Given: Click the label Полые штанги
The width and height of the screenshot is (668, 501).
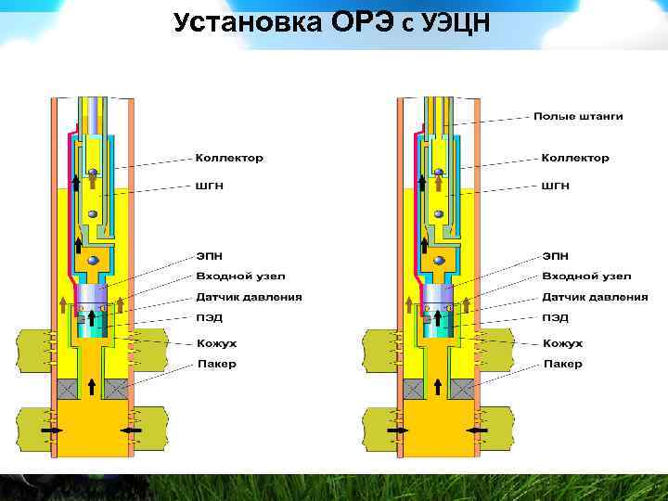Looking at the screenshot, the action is pos(577,116).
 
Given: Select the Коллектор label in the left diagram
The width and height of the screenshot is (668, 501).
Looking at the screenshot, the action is pos(229,158).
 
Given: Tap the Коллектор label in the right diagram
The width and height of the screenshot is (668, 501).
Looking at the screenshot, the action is pos(575,158).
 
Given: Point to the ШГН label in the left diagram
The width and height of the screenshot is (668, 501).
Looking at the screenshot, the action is pos(210,186).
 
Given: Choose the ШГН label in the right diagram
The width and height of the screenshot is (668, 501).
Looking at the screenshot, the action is pos(556,186).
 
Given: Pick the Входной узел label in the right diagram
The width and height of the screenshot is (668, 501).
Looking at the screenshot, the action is pos(586,276).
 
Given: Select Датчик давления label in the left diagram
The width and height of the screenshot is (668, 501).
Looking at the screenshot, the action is pos(249,297).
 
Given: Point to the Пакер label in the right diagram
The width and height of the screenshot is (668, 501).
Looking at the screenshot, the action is pos(562,364).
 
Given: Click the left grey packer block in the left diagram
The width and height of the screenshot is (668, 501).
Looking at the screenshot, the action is pos(70,390).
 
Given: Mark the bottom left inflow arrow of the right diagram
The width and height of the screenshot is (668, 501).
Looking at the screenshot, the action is pos(397,431).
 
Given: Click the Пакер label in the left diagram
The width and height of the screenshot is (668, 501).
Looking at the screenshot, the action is pos(216,364).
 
